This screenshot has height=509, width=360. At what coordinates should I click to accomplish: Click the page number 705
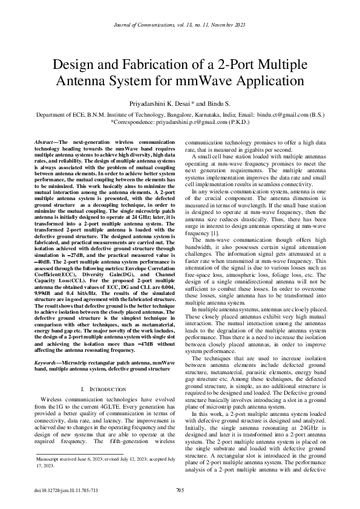180,490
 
